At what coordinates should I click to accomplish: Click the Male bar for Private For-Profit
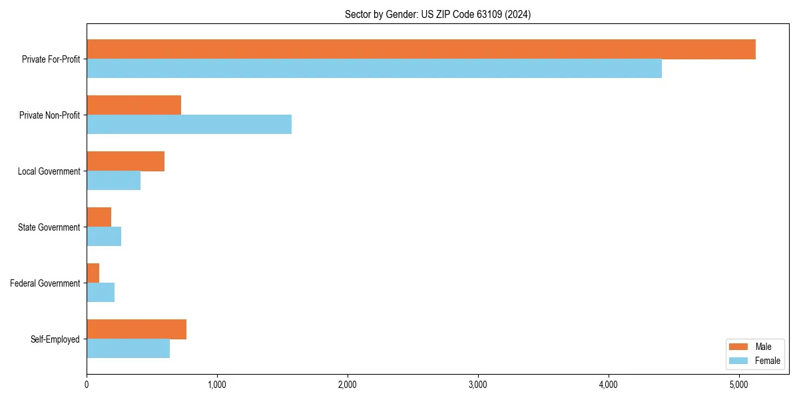[x=421, y=49]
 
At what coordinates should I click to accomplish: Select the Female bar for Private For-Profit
[x=374, y=69]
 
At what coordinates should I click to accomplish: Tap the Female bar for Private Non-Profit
[x=189, y=125]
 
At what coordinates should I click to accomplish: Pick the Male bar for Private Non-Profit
[x=134, y=105]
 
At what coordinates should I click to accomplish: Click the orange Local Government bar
[x=125, y=161]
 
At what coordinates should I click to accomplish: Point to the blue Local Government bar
[x=113, y=181]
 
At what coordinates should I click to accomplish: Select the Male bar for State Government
[x=99, y=217]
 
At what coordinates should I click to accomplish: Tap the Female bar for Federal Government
[x=101, y=293]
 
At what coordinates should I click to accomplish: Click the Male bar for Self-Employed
[x=136, y=329]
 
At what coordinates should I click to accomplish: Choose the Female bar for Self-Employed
[x=128, y=349]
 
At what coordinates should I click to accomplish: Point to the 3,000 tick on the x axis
[x=478, y=385]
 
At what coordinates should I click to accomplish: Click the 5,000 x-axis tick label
[x=739, y=385]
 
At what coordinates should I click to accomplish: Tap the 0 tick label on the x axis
[x=87, y=385]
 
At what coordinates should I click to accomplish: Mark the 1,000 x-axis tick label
[x=217, y=385]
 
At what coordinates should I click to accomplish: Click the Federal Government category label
[x=45, y=283]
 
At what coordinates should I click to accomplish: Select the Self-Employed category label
[x=55, y=339]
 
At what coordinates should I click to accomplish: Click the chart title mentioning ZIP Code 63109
[x=437, y=14]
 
